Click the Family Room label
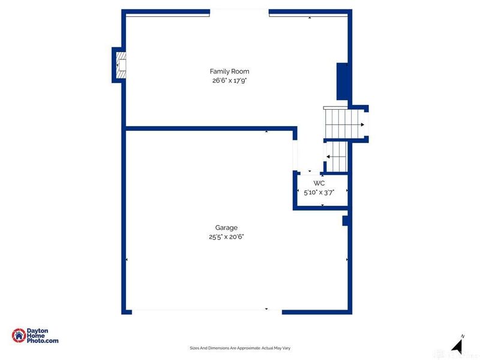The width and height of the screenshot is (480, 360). coord(229,71)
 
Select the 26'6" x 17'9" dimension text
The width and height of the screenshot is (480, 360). coord(229,80)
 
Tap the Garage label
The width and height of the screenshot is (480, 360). coord(226,227)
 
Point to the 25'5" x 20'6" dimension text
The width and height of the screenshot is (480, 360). coord(226,236)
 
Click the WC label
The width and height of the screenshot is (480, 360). coord(319,183)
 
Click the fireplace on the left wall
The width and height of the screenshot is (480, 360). coord(121,65)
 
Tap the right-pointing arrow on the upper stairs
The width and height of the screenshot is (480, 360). coord(362,125)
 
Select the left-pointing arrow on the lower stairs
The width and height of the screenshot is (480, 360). coord(329,157)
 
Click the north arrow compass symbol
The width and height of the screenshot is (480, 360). coord(457,346)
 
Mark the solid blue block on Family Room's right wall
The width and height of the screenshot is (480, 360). coord(343,82)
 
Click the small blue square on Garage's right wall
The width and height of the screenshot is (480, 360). coord(346,221)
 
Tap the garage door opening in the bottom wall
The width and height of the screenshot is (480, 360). coord(206,311)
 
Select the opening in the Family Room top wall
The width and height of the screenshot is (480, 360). coord(239,11)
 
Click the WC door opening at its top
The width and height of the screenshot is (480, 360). coord(310,172)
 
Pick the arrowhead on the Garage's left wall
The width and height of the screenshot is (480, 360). coord(127,259)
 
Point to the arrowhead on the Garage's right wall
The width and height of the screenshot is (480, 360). coord(347,259)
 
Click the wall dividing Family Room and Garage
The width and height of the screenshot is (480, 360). coord(210,128)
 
